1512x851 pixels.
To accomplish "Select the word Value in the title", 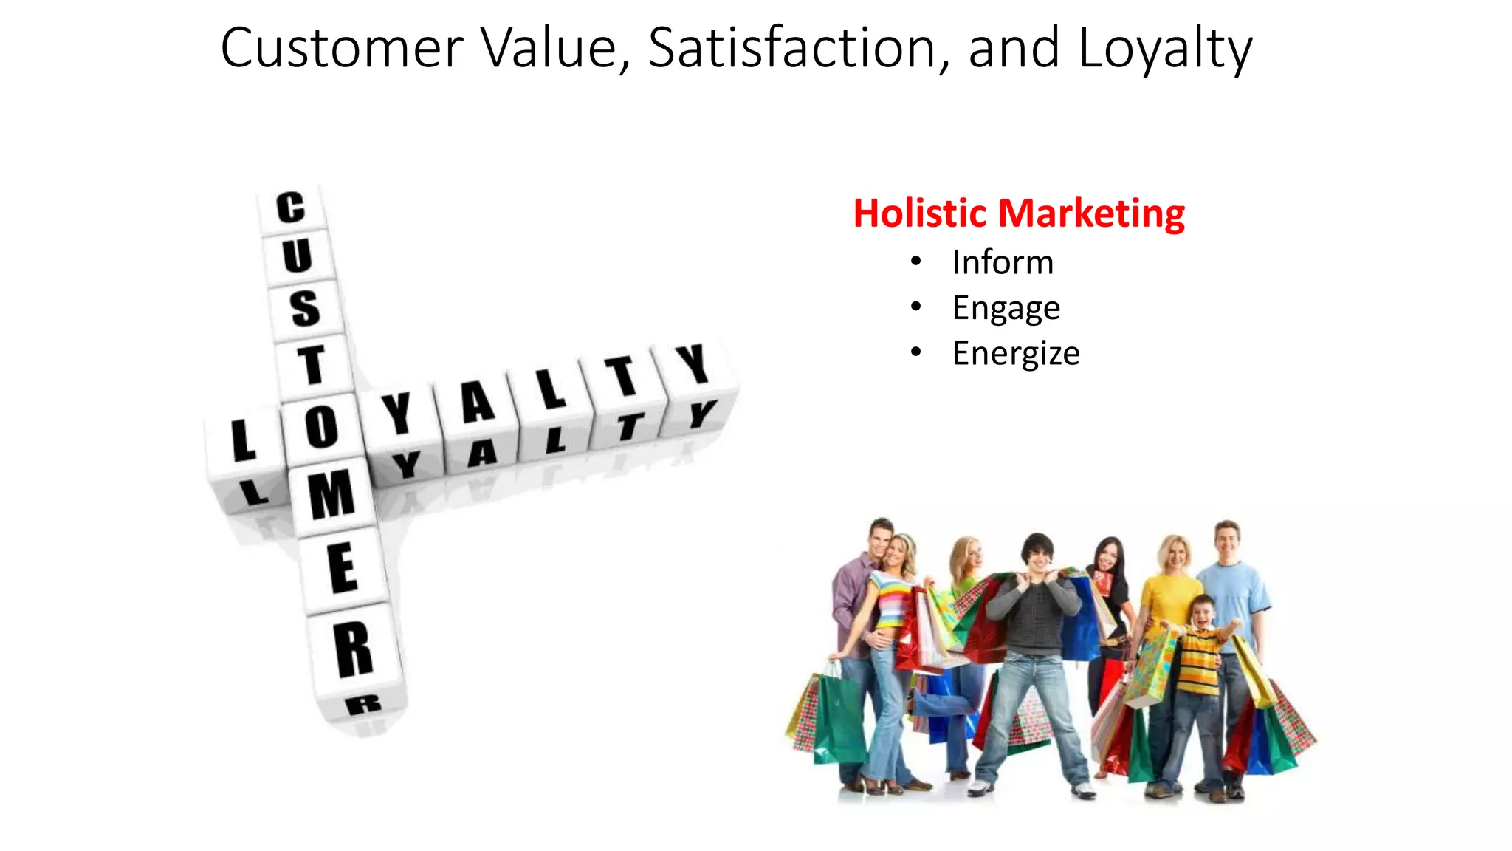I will [x=555, y=49].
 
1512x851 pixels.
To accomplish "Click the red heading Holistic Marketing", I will [x=1019, y=213].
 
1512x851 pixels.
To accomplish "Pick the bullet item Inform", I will [x=1003, y=262].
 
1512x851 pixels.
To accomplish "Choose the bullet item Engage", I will [x=1006, y=308].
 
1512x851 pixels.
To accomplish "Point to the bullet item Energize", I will [x=1016, y=353].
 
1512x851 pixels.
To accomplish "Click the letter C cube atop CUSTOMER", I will [x=291, y=208].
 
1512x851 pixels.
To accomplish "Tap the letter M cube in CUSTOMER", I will [x=331, y=494].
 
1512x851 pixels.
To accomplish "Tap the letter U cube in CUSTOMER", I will [x=297, y=256].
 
